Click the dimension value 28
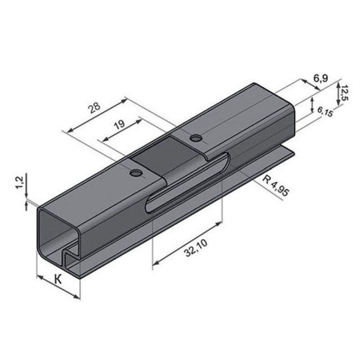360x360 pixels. point(95,108)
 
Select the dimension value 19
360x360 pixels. point(120,124)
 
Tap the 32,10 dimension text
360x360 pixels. point(196,248)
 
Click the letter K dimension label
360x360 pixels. point(58,279)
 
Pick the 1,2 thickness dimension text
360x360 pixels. point(19,182)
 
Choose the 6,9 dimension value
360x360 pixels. point(321,78)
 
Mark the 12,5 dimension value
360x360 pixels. point(345,93)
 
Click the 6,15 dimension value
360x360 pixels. point(325,112)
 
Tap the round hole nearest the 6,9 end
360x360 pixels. point(196,138)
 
